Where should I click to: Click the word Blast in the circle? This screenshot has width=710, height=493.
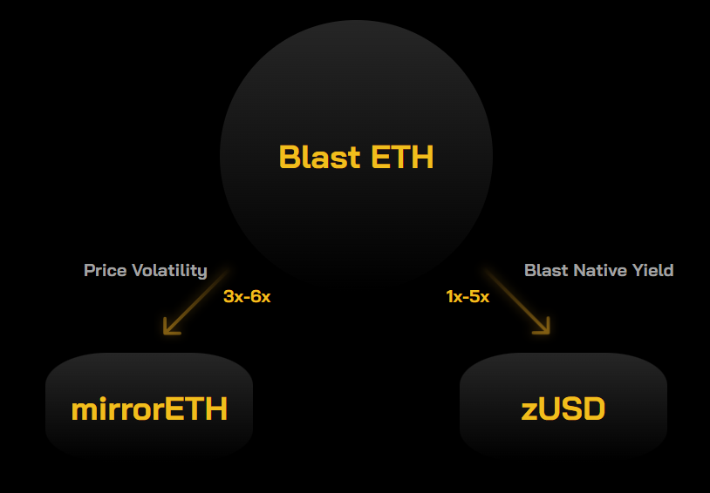(320, 157)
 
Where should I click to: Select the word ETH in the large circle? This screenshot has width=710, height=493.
(402, 157)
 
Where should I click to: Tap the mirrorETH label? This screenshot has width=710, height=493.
(149, 409)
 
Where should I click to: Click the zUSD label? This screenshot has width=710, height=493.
(563, 409)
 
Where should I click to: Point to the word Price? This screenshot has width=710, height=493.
(105, 271)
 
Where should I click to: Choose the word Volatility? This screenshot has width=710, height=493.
(169, 271)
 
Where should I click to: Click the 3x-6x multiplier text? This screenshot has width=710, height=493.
(247, 297)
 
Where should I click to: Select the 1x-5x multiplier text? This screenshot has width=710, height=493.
(468, 297)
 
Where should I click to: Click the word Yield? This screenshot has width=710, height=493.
(653, 271)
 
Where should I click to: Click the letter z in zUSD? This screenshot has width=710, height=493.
(529, 412)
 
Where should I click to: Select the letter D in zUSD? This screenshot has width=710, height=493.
(594, 409)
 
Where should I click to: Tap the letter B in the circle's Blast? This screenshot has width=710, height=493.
(289, 157)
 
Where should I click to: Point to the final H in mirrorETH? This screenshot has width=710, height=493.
(217, 409)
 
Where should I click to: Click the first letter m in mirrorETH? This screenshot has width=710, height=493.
(85, 411)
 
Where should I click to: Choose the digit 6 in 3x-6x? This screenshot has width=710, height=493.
(256, 297)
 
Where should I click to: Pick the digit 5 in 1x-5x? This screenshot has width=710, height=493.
(474, 297)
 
